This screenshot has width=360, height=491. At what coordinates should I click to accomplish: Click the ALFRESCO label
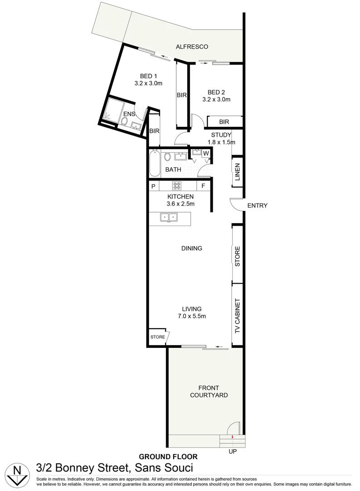192,47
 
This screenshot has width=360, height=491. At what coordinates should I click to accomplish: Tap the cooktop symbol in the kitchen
177,186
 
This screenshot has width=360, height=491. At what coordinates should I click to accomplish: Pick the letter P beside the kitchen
153,186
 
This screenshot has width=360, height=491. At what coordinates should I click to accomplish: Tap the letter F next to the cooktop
203,186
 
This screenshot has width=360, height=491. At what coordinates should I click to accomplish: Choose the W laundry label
206,153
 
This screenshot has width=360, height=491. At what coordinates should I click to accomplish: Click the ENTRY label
257,205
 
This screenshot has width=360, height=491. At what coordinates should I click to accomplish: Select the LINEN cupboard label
237,172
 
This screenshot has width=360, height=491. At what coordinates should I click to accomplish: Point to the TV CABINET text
237,316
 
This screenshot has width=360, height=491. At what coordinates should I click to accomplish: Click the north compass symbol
17,473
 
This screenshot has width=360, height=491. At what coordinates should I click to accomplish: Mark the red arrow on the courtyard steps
232,437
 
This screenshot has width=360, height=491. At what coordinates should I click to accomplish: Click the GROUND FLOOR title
168,456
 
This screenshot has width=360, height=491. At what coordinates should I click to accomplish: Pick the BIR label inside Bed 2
224,122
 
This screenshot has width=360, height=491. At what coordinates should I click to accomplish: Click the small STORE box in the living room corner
158,337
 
